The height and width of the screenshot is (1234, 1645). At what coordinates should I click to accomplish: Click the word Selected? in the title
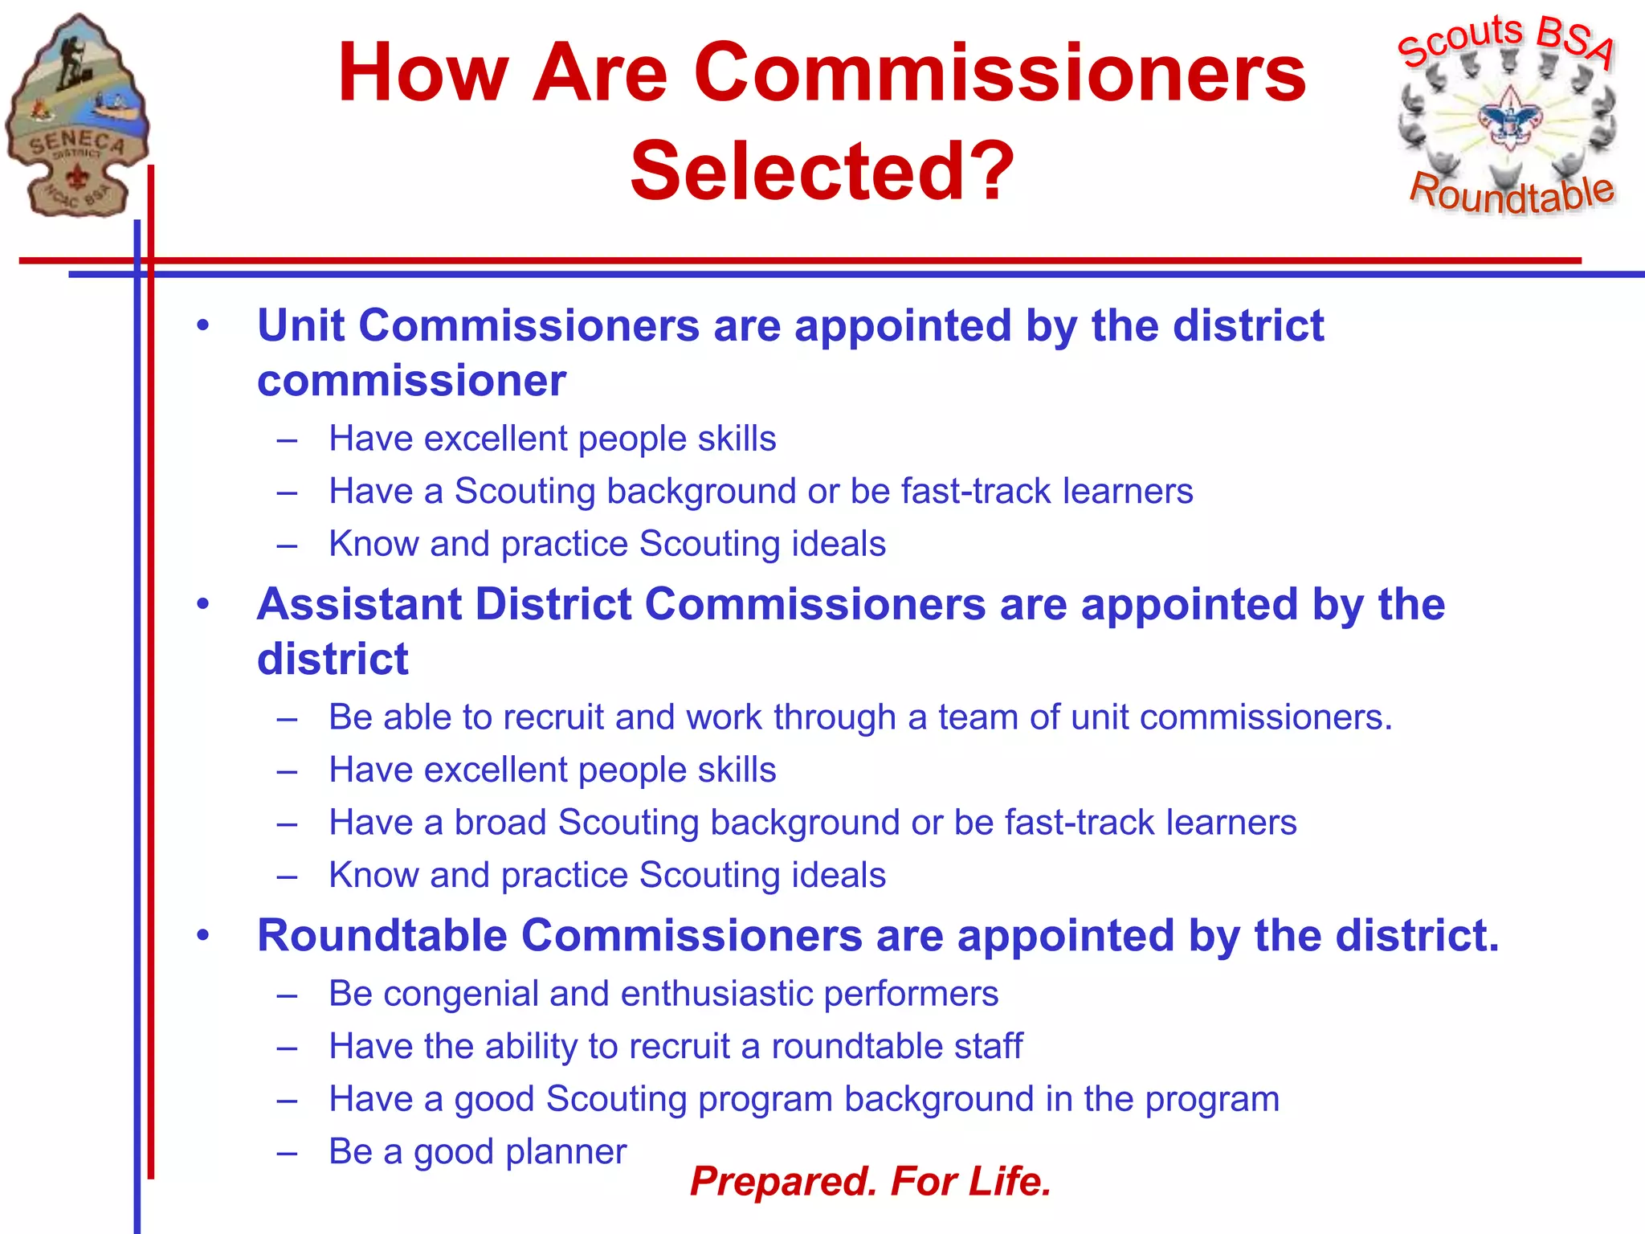click(822, 171)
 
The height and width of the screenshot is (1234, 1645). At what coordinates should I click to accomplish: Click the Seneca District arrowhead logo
click(77, 116)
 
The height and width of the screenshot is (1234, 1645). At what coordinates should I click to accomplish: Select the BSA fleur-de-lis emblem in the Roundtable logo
click(1510, 119)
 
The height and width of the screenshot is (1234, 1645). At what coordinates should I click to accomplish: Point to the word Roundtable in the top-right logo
click(1512, 193)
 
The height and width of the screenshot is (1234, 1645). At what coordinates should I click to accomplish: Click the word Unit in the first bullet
click(300, 326)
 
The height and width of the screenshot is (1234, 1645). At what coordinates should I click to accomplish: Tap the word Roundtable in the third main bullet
click(382, 936)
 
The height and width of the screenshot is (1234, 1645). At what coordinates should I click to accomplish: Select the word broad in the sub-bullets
click(500, 823)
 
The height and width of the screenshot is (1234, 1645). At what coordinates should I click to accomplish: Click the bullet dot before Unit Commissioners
click(203, 326)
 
